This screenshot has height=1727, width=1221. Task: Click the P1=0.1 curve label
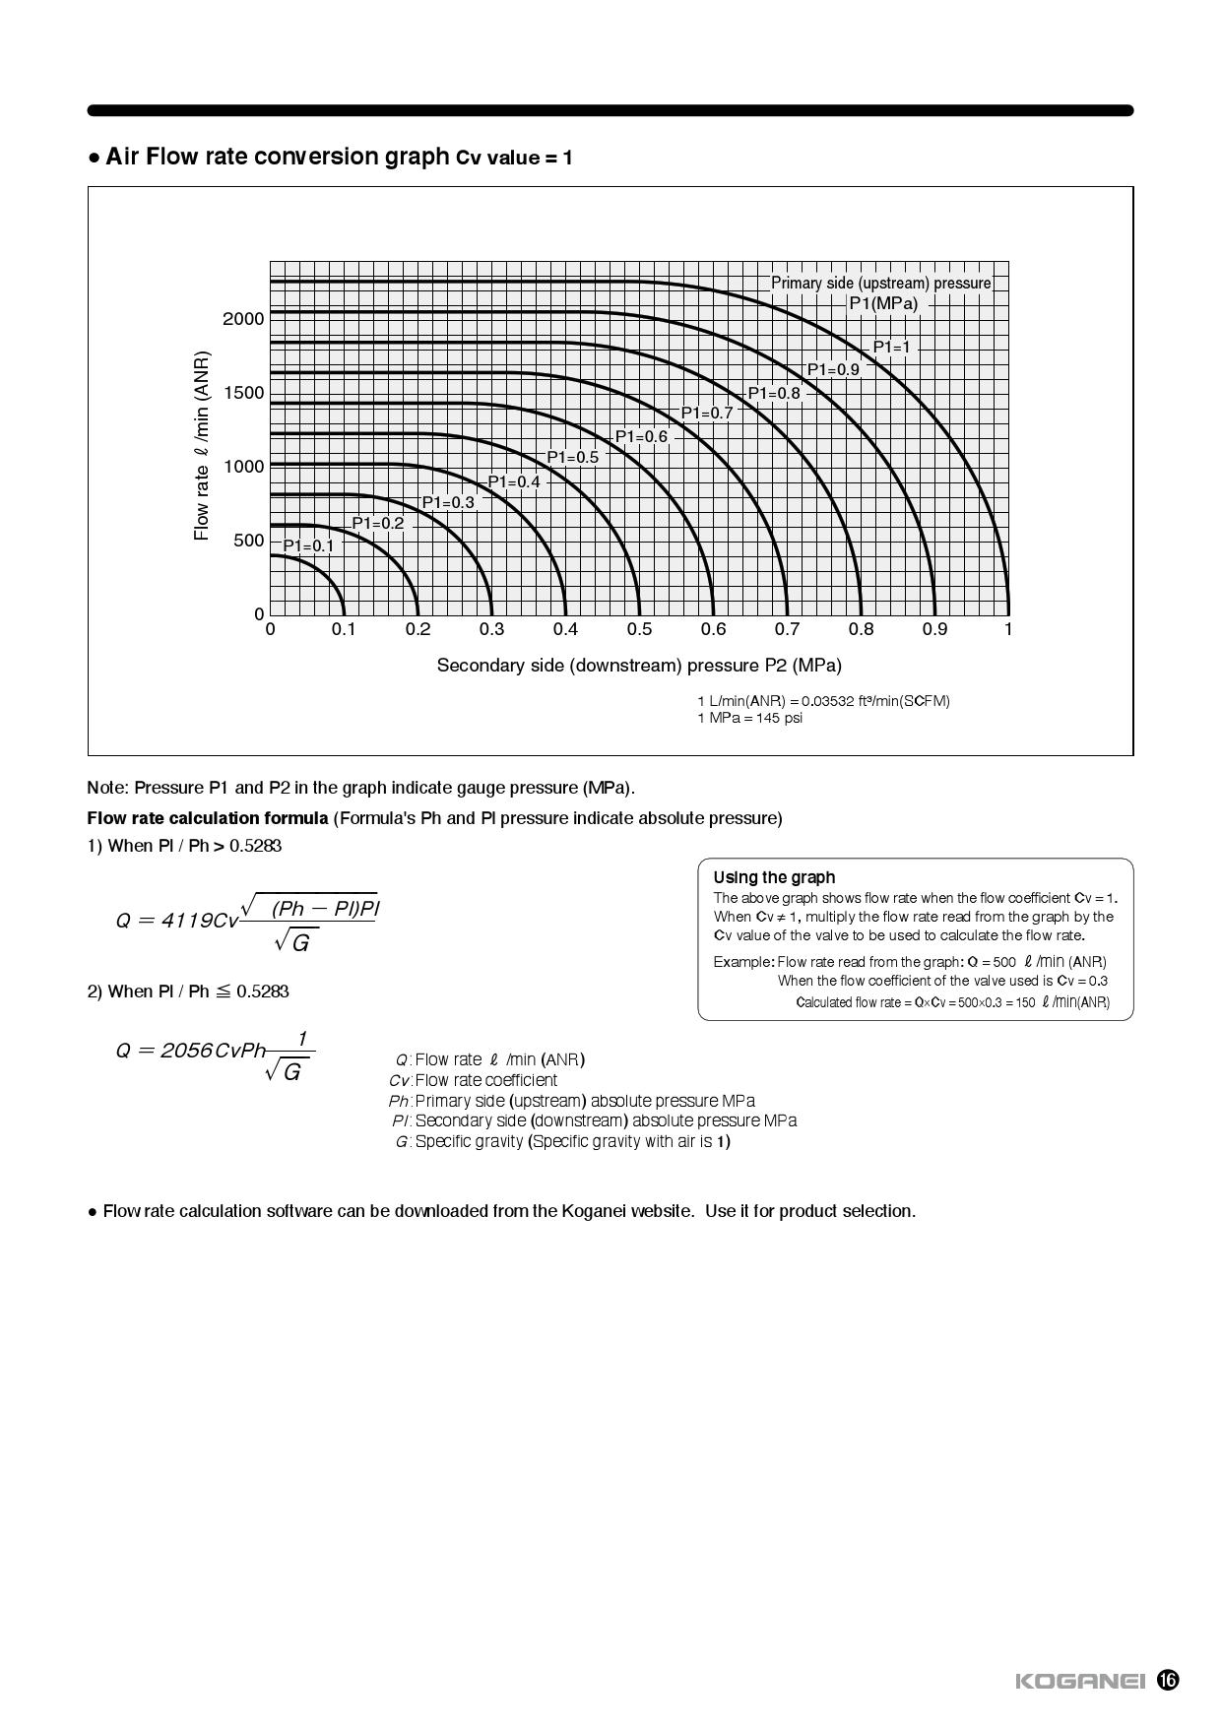pyautogui.click(x=308, y=545)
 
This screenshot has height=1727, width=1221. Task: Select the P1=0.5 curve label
pyautogui.click(x=572, y=457)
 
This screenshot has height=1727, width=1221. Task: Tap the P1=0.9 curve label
pyautogui.click(x=833, y=369)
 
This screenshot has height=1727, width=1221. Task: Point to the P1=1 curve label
pyautogui.click(x=892, y=347)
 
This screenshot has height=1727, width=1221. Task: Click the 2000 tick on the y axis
pyautogui.click(x=243, y=319)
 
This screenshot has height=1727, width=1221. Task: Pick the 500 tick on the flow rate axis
pyautogui.click(x=248, y=541)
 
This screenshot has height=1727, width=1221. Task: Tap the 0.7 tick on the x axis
pyautogui.click(x=787, y=629)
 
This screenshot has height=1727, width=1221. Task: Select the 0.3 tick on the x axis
pyautogui.click(x=491, y=629)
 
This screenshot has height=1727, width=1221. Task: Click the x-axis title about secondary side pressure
pyautogui.click(x=639, y=666)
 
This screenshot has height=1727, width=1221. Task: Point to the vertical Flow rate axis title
pyautogui.click(x=202, y=445)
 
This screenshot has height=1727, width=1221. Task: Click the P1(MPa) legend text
pyautogui.click(x=883, y=303)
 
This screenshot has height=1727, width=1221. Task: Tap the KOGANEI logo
pyautogui.click(x=1079, y=1681)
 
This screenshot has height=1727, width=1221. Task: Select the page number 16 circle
pyautogui.click(x=1168, y=1680)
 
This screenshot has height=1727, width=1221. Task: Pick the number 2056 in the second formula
pyautogui.click(x=186, y=1051)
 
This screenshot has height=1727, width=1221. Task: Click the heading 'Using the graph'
pyautogui.click(x=774, y=877)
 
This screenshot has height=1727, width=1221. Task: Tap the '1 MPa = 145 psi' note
pyautogui.click(x=749, y=718)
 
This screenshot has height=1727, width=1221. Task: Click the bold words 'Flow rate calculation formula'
pyautogui.click(x=208, y=818)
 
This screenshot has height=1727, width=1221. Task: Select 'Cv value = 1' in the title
pyautogui.click(x=514, y=158)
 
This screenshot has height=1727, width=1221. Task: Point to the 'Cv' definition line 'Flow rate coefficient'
pyautogui.click(x=485, y=1080)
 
